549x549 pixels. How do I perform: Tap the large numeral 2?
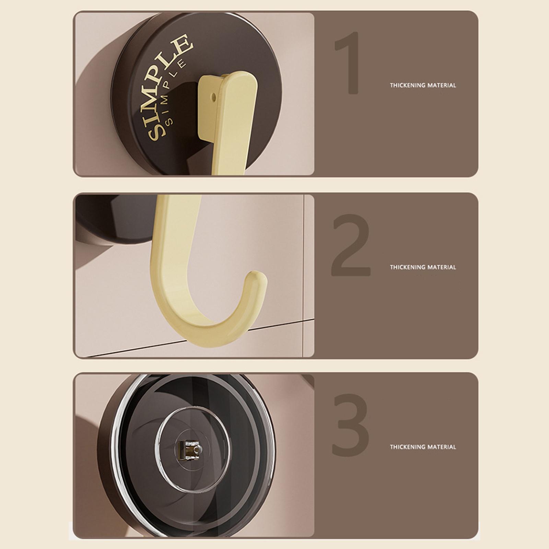coord(351,245)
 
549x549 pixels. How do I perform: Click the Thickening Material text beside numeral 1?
coord(423,85)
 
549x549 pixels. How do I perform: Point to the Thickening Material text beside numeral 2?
coord(423,267)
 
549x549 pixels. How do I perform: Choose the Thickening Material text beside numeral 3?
coord(423,447)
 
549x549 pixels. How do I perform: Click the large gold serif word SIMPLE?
coord(168,87)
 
